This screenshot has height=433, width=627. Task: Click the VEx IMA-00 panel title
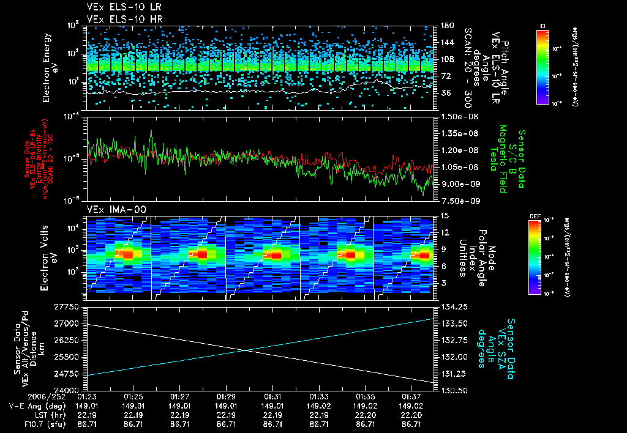113,209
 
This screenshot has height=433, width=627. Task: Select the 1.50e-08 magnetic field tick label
459,116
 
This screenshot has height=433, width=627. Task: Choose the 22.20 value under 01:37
411,414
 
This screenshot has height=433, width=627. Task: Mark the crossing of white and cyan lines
246,350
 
